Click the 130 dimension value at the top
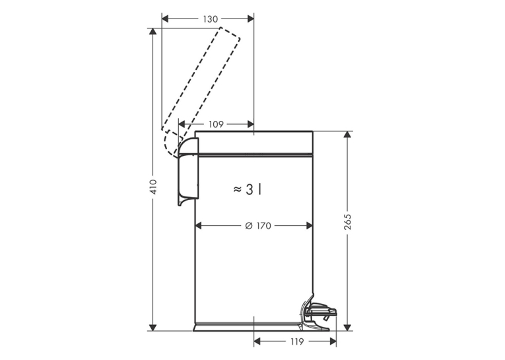pos(211,19)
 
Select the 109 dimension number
pos(216,124)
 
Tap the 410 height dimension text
pos(154,187)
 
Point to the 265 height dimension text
pos(347,221)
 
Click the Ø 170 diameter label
pos(258,226)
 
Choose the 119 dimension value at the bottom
pos(296,342)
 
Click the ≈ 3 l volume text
pos(247,190)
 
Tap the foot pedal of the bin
pos(320,312)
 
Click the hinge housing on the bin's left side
pos(188,171)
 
